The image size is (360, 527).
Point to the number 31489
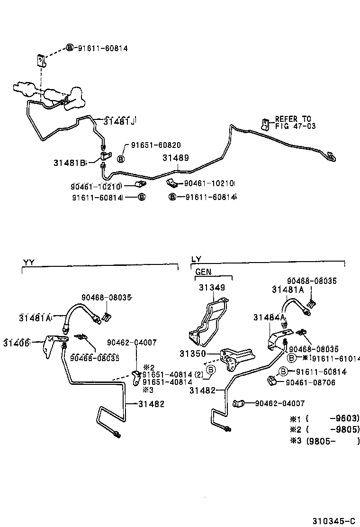(176, 159)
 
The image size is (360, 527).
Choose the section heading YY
(28, 261)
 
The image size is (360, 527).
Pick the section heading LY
(197, 259)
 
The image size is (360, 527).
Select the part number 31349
(212, 287)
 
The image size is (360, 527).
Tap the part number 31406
(16, 342)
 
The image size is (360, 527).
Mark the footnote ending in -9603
(325, 418)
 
